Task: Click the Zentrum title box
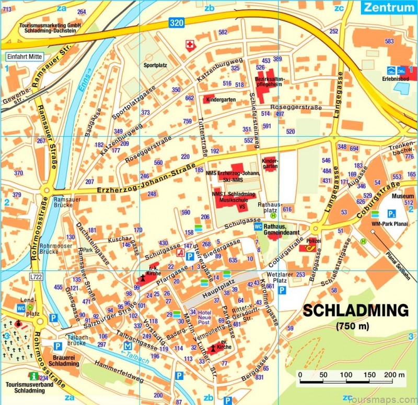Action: point(388,7)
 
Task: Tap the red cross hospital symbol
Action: point(190,46)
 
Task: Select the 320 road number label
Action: point(176,22)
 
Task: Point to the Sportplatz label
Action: point(154,65)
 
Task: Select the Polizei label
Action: point(314,242)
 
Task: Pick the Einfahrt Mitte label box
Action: point(24,57)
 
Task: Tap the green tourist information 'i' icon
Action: point(34,376)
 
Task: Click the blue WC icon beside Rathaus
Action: point(258,227)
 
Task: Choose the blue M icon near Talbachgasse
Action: point(127,346)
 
